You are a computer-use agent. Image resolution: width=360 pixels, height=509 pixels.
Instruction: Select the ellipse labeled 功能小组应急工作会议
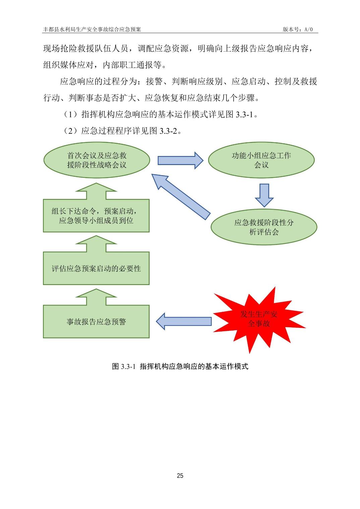coord(261,160)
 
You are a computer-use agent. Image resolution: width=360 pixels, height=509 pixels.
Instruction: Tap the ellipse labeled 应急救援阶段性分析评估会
coord(263,227)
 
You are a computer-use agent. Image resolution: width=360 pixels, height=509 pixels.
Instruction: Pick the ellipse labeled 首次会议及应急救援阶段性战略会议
coord(97,160)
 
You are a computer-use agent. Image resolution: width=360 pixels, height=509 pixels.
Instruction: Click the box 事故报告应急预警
coord(96,322)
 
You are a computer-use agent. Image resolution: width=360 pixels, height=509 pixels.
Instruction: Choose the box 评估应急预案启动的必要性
coord(96,269)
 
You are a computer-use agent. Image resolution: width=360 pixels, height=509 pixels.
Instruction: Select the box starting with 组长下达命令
coord(96,216)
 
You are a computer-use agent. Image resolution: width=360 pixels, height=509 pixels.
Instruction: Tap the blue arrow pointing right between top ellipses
coord(180,160)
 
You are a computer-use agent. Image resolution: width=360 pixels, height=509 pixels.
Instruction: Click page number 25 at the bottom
coord(180,476)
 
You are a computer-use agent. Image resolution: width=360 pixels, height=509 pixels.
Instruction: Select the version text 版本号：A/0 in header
coord(298,29)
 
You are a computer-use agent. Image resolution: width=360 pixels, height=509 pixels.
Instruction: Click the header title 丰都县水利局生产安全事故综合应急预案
coord(92,29)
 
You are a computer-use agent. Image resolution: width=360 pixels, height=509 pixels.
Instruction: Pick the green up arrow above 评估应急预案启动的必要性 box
coord(96,244)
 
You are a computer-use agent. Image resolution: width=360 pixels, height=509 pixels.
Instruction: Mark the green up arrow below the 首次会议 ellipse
coord(96,191)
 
